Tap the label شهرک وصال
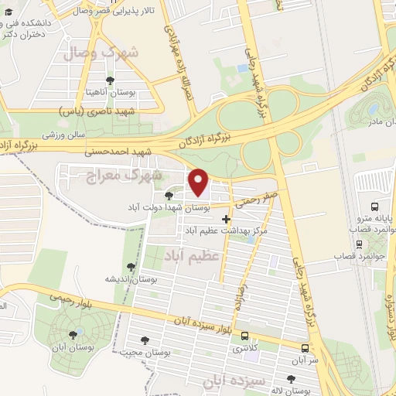point(134,53)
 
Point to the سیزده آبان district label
point(234,381)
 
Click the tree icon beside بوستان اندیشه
point(131,267)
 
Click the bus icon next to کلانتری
point(245,336)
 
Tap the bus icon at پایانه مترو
point(374,207)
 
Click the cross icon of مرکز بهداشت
point(226,220)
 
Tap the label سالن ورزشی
point(63,134)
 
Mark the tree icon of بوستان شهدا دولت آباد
point(169,196)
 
